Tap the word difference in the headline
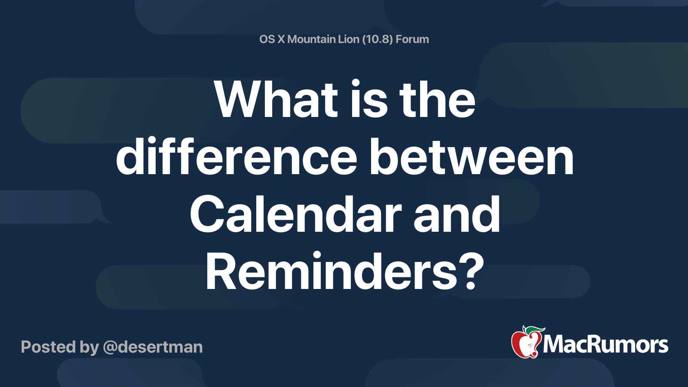pyautogui.click(x=236, y=156)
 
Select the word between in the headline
pyautogui.click(x=471, y=156)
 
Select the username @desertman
pyautogui.click(x=153, y=347)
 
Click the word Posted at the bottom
pyautogui.click(x=48, y=347)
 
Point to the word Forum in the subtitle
pyautogui.click(x=412, y=39)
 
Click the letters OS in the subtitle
pyautogui.click(x=267, y=39)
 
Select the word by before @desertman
pyautogui.click(x=89, y=348)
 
